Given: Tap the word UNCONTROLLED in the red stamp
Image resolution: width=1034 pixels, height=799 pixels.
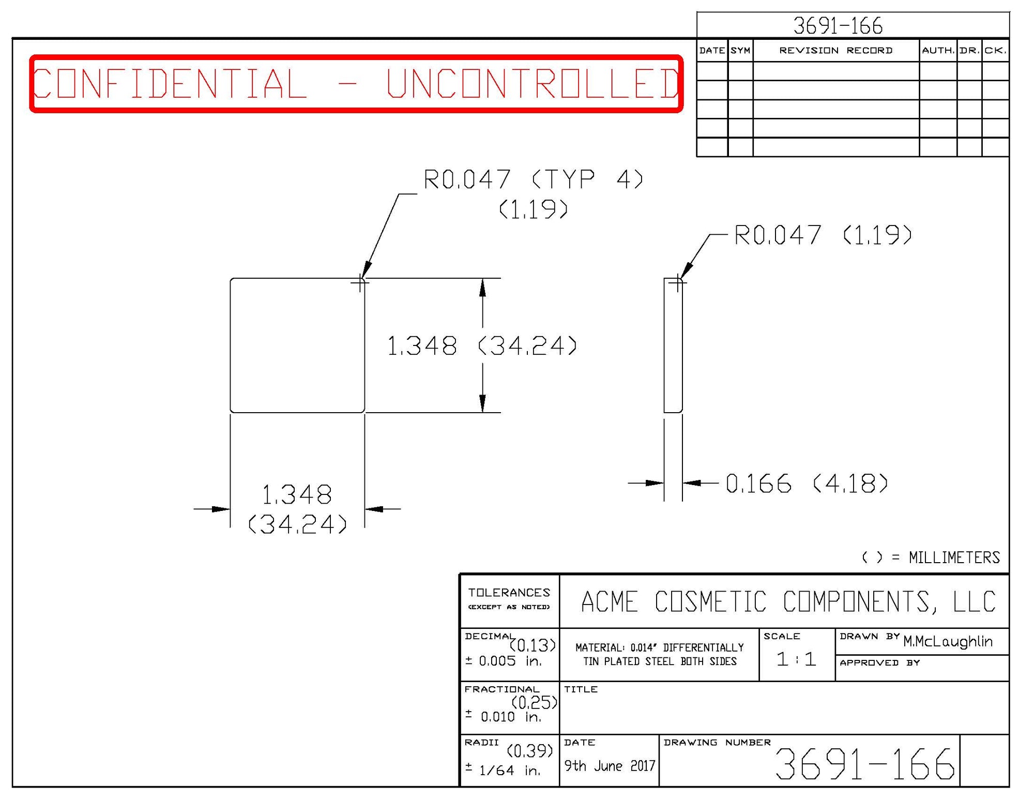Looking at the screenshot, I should pos(533,83).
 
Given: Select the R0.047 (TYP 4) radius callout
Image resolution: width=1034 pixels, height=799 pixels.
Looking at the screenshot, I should pos(533,180).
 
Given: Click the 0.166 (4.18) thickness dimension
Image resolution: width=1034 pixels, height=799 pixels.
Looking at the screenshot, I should pos(807,484).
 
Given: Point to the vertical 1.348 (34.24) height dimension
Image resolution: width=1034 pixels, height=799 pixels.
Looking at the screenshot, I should pos(481,345).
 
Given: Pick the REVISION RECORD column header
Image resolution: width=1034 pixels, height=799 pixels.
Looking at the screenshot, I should pos(835,50).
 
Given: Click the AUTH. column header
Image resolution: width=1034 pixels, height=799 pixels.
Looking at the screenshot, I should pos(938,50).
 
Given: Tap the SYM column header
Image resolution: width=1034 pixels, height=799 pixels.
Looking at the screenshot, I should pos(740,50).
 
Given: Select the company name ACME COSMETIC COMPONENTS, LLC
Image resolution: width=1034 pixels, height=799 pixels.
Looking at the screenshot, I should pos(788,601).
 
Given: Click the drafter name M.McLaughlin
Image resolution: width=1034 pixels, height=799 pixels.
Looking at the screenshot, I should pos(948,642).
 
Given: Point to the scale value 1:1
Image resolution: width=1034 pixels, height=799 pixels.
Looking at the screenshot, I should pos(796,659).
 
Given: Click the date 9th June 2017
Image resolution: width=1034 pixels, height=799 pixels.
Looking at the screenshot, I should pos(609,766).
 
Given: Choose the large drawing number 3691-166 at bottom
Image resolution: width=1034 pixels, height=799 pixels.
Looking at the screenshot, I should pos(864,764).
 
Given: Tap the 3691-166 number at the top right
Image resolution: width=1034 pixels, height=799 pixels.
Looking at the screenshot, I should pos(838,26).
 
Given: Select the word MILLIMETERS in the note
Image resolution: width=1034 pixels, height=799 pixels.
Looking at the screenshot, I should pos(954,557).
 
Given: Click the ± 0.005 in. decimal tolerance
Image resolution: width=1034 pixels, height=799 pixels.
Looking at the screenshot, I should pos(503,661).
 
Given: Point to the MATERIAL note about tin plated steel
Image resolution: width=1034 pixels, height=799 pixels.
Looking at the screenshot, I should pos(659,654).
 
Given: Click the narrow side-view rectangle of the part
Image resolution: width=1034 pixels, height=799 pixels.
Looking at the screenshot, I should pos(673,345).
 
